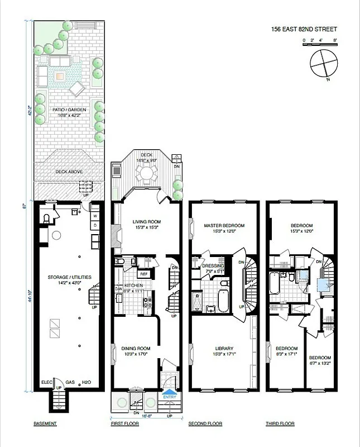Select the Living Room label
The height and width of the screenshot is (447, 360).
point(147,221)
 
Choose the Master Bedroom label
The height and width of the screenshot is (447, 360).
point(224,226)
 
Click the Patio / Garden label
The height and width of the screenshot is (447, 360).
point(69,110)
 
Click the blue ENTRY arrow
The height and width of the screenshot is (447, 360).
point(168,396)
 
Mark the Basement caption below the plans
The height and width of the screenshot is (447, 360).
point(45,424)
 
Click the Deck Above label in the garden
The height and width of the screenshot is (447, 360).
point(68,172)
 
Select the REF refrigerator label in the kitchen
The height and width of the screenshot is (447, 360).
point(143,274)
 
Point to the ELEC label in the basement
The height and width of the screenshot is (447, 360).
point(46,382)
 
